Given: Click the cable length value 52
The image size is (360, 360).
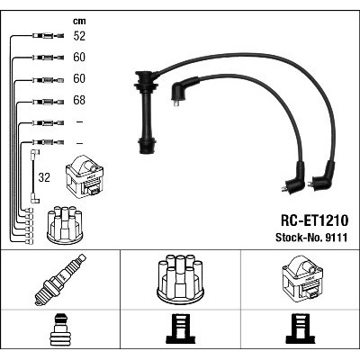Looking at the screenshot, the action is click(79, 36).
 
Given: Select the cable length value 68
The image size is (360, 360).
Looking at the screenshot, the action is click(79, 100).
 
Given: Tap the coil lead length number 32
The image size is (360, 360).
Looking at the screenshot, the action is click(44, 177).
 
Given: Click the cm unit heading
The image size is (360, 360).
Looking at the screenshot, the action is click(79, 21).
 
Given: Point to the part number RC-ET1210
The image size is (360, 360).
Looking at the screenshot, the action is click(314, 220).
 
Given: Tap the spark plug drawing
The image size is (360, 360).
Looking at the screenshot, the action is click(60, 280).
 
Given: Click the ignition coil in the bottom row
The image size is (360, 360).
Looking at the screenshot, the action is click(302, 278).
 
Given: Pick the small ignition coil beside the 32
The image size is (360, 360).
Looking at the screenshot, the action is click(85, 176).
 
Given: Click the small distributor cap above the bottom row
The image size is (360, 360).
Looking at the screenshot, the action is click(65, 224).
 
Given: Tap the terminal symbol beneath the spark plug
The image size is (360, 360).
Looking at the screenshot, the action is click(60, 329).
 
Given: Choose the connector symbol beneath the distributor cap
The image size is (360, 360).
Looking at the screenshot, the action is click(180, 329).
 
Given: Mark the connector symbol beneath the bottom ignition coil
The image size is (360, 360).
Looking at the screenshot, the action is click(301, 329).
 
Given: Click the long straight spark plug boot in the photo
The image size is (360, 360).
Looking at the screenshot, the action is click(146, 112).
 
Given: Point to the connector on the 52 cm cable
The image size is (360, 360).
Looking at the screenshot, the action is click(48, 36).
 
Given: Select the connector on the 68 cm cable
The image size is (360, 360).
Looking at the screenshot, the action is click(48, 102).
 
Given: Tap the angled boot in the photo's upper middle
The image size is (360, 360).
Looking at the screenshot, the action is click(184, 89).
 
